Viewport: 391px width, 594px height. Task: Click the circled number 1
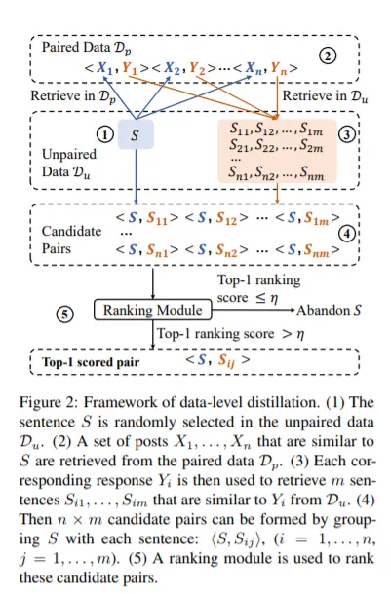(105, 134)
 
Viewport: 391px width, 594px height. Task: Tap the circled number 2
(328, 56)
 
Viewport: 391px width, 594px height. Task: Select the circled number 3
(346, 134)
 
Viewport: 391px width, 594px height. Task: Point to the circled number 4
(346, 234)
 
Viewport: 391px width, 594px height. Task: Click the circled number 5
(65, 315)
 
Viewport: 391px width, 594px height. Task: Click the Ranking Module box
(153, 310)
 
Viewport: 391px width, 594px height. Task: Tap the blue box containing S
(136, 134)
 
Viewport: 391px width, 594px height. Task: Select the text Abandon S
(329, 311)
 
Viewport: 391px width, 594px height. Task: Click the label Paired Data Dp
(87, 48)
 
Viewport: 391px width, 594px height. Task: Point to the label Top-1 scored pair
(91, 362)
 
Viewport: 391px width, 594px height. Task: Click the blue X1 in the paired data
(105, 68)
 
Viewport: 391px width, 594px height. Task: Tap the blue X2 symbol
(172, 68)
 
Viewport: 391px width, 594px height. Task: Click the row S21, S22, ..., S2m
(276, 145)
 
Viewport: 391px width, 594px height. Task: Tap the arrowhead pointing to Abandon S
(293, 310)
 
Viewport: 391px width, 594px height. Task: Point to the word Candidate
(72, 231)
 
